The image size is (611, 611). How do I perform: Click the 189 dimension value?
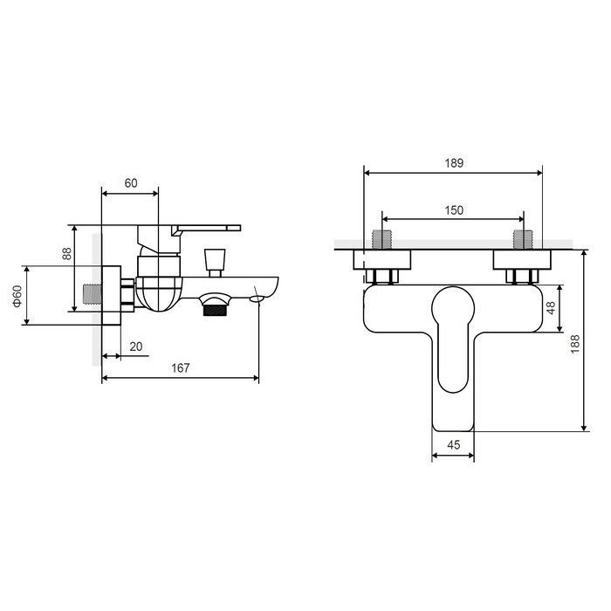(x=454, y=163)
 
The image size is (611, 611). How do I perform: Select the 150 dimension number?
(x=454, y=210)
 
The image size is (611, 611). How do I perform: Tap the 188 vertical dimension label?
(x=575, y=344)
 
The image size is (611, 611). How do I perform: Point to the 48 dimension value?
(x=551, y=308)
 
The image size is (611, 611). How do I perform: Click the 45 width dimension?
(x=454, y=444)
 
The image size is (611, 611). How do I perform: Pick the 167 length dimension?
(x=181, y=367)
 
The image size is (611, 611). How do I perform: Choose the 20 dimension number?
(x=136, y=347)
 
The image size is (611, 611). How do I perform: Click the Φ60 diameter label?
(x=17, y=296)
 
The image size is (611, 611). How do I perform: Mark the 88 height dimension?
(x=67, y=254)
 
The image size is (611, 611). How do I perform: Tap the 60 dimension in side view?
(x=131, y=182)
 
